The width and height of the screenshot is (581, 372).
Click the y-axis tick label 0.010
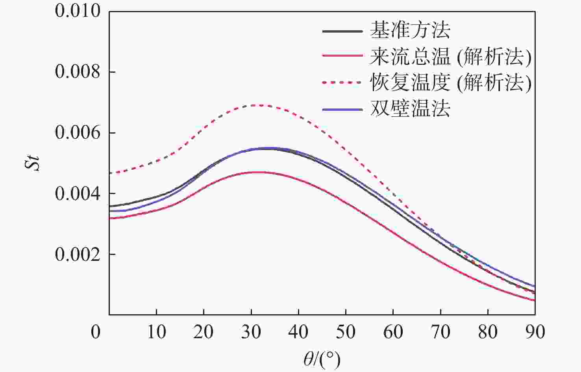(78, 11)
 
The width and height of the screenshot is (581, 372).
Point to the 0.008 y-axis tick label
(78, 72)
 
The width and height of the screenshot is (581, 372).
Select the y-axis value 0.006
(78, 133)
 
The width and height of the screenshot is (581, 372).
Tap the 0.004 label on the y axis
(78, 194)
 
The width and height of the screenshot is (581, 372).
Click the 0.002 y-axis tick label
(78, 255)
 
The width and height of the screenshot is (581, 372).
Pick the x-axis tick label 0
(96, 332)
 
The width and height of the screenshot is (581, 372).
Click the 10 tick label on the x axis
(156, 332)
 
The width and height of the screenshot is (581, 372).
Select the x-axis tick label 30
(251, 332)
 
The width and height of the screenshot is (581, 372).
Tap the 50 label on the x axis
(346, 332)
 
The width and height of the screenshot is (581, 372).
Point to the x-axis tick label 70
(440, 332)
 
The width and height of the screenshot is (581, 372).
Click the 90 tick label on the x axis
(535, 332)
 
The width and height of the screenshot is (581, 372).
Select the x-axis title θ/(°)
(322, 359)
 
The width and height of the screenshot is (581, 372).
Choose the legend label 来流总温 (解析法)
(450, 57)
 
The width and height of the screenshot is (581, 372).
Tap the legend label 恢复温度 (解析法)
(450, 82)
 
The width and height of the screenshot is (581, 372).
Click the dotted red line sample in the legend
(342, 82)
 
